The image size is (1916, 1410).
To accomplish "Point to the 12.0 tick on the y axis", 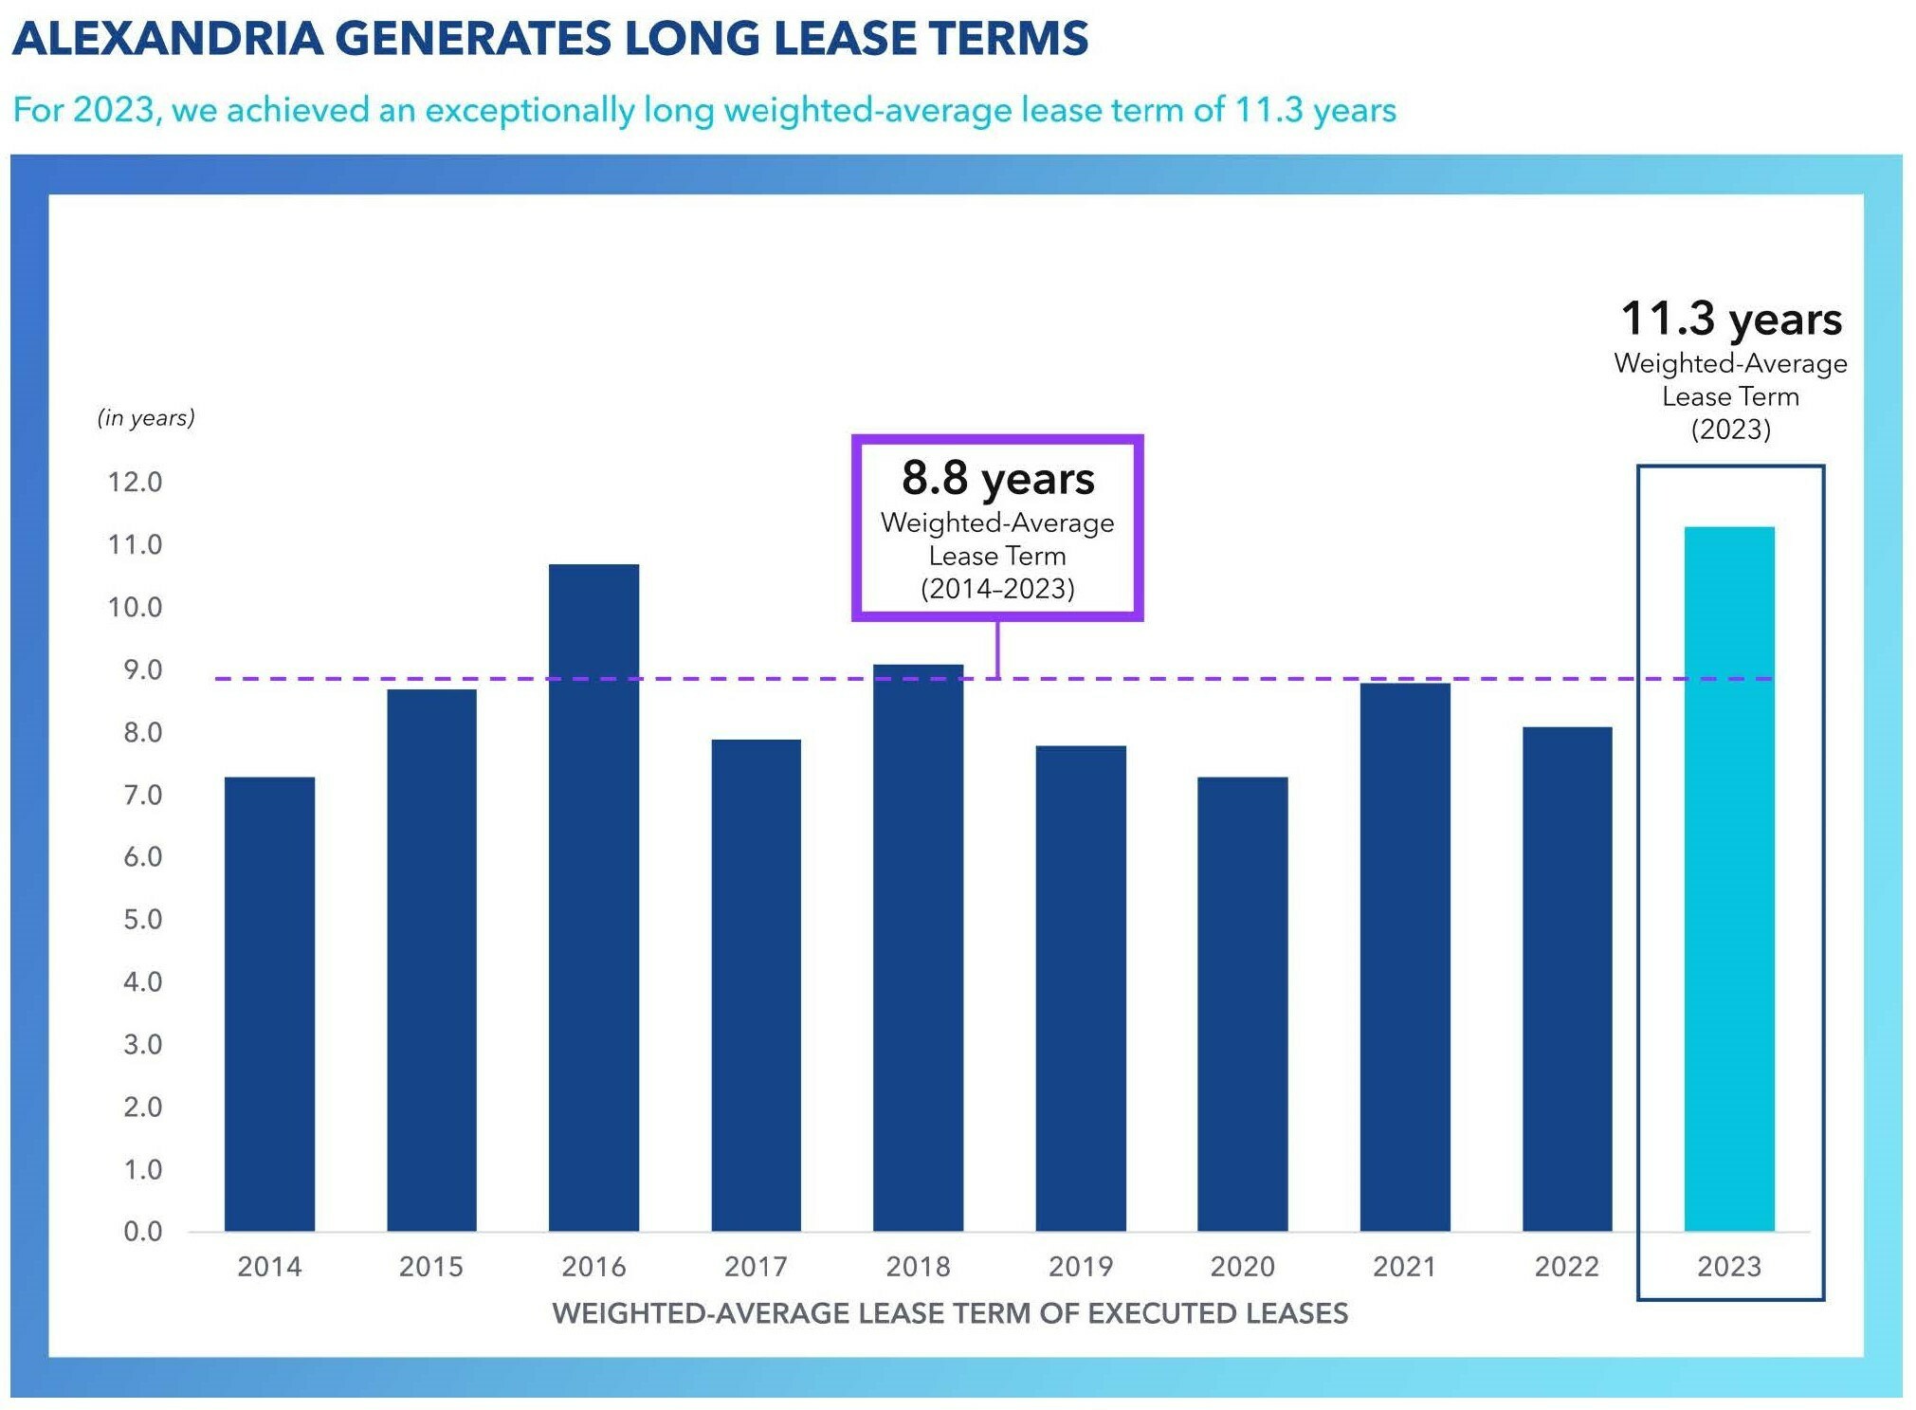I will click(x=135, y=482).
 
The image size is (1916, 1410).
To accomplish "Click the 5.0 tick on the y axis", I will click(x=142, y=919).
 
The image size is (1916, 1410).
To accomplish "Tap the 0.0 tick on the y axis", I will click(x=142, y=1231).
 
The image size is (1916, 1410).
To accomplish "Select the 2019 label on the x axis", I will click(x=1080, y=1266).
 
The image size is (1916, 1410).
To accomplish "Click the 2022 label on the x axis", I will click(x=1566, y=1266).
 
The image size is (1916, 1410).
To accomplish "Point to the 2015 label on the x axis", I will click(x=431, y=1266).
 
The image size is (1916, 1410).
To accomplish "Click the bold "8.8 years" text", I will click(x=997, y=478).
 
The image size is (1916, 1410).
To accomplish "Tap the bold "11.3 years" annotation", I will click(x=1730, y=319).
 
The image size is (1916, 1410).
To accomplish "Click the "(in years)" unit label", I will click(x=146, y=417).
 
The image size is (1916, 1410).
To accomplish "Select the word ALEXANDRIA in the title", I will click(x=167, y=39).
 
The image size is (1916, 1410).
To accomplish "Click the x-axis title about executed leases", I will click(x=949, y=1313).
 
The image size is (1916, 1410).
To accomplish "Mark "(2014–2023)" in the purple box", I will click(x=997, y=589).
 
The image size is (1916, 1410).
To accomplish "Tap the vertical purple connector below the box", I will click(x=997, y=650).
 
